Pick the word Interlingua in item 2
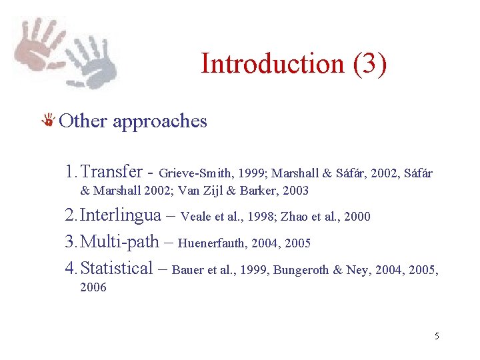click(x=120, y=215)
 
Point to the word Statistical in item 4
click(x=116, y=268)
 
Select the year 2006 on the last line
click(x=93, y=288)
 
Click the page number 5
click(x=437, y=336)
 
